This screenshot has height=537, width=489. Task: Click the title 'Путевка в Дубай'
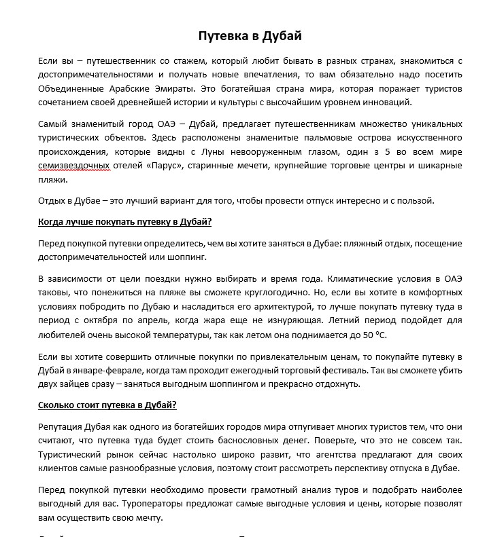[250, 35]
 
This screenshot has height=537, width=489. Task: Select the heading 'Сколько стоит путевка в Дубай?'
[107, 406]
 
